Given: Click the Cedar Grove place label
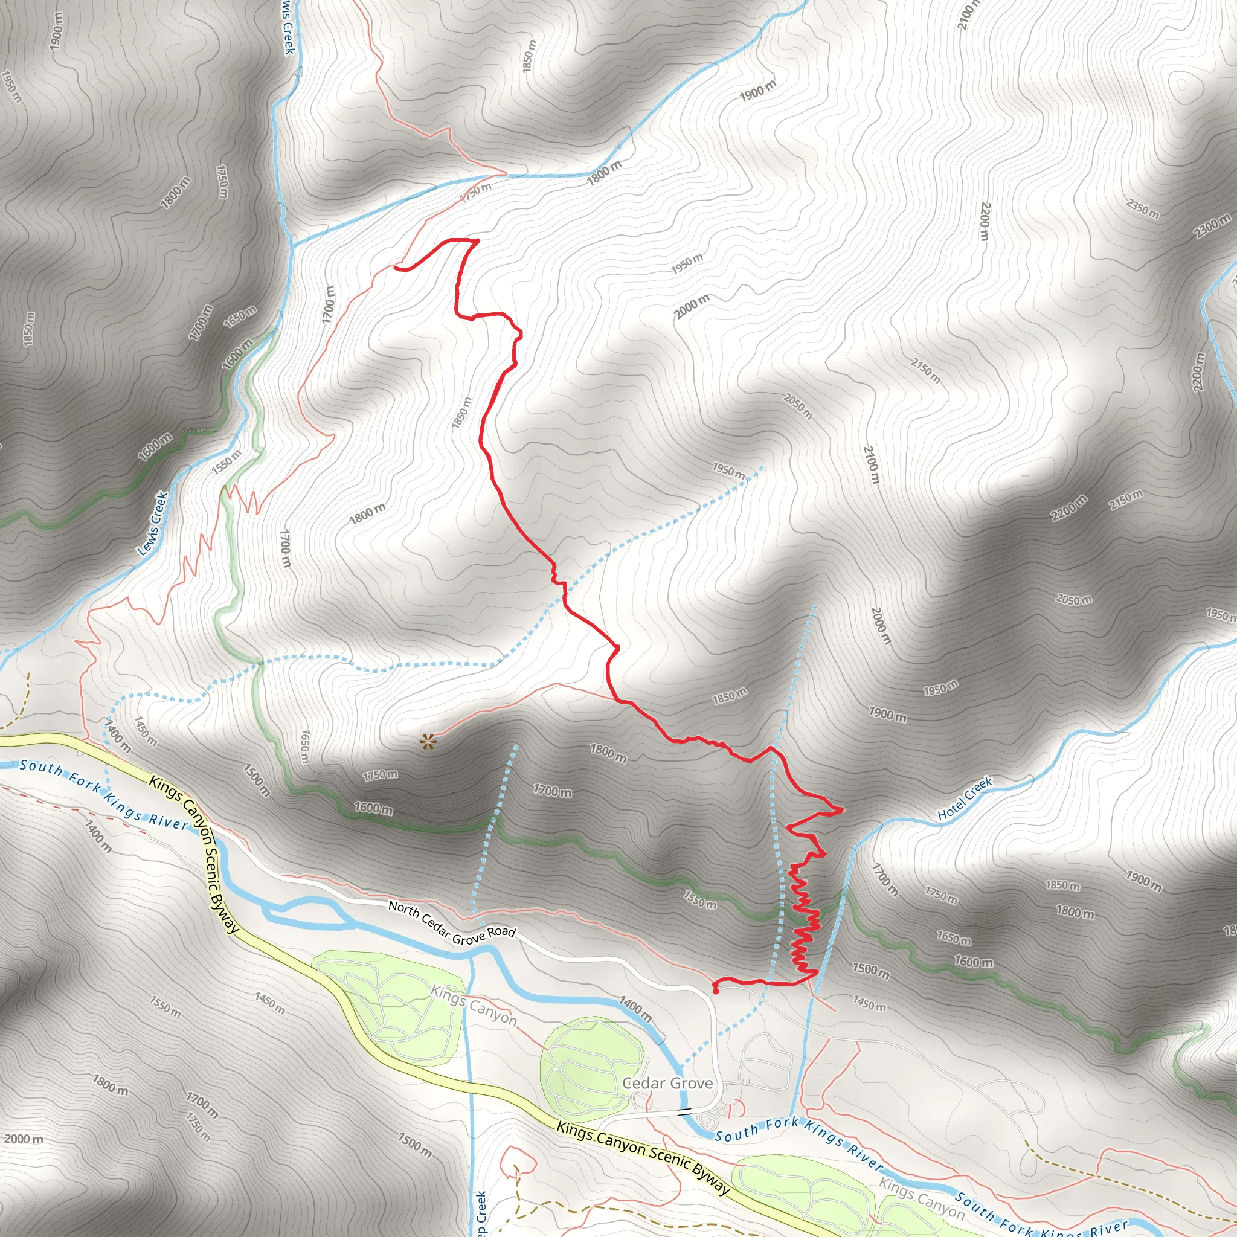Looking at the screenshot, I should (x=667, y=1083).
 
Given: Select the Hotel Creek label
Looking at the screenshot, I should (x=964, y=798).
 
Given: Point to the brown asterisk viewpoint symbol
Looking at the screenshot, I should (x=428, y=742).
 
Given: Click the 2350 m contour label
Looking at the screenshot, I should (x=1142, y=209).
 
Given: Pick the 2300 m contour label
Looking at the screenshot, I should (x=1212, y=227).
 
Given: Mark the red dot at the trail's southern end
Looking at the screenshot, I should (x=715, y=992).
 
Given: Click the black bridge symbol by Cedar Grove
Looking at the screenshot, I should (x=684, y=1111).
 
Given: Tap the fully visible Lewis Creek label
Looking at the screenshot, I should (x=153, y=523).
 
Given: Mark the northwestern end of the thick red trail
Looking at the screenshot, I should (x=396, y=268).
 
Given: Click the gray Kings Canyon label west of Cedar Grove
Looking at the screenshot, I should (x=473, y=1004).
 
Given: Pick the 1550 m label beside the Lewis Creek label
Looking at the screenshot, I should (x=227, y=461).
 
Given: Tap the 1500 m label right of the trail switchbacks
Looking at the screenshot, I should (x=871, y=970).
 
